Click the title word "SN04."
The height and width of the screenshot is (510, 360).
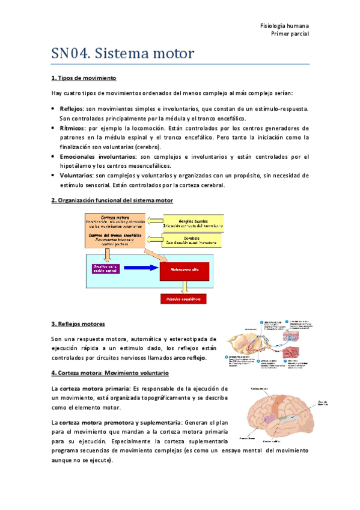click(70, 54)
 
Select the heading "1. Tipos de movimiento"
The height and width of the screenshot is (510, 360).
click(84, 78)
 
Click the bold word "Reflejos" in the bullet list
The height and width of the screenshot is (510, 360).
click(72, 109)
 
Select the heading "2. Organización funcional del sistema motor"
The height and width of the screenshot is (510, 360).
click(112, 200)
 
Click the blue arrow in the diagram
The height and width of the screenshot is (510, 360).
click(139, 268)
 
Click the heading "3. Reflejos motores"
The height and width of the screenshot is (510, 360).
click(78, 324)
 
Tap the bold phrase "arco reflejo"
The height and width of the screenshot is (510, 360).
click(188, 358)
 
